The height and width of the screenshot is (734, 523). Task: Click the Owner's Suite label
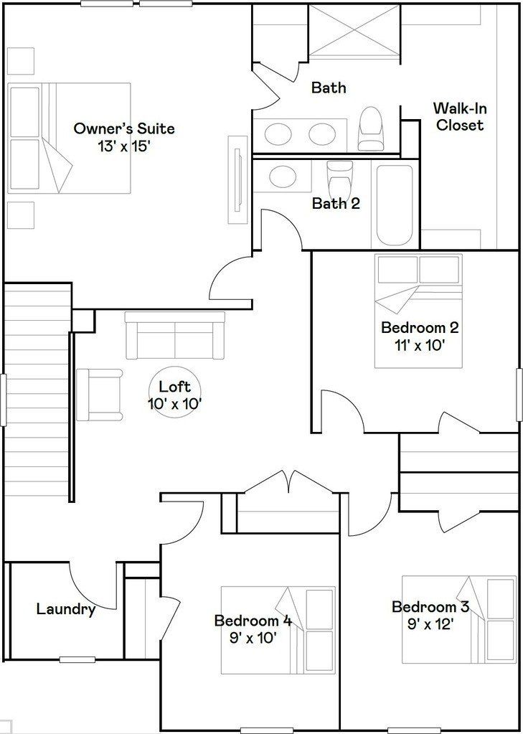124,129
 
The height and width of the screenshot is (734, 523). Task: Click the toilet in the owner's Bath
371,129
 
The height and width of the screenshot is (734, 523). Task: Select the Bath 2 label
336,204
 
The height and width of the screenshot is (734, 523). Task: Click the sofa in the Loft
174,335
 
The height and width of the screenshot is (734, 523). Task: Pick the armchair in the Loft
99,394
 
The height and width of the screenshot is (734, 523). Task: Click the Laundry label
66,610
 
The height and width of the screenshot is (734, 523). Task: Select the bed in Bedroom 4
278,630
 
